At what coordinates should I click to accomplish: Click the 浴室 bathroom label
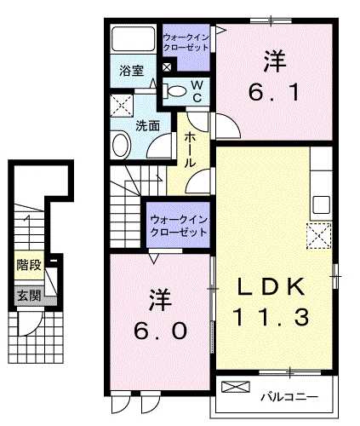tap(131, 72)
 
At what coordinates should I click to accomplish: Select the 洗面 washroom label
tap(146, 125)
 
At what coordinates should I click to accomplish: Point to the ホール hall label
tap(190, 147)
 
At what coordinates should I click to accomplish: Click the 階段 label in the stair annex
tap(28, 265)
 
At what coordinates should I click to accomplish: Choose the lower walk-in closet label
tap(178, 227)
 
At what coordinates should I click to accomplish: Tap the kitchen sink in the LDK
tap(321, 204)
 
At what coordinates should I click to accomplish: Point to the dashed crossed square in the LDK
tap(320, 232)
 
